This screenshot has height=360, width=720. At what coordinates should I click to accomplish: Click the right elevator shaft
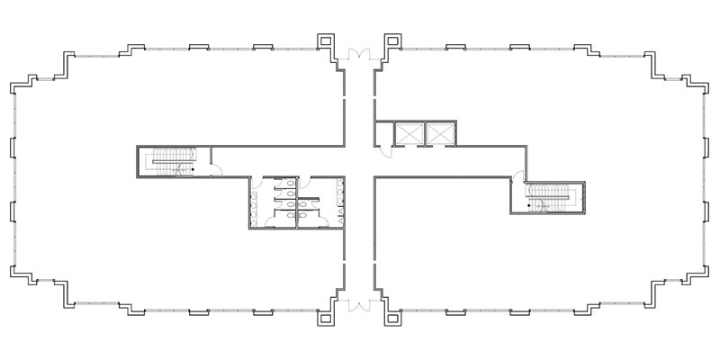(x=440, y=132)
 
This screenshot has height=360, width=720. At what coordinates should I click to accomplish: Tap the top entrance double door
(x=359, y=54)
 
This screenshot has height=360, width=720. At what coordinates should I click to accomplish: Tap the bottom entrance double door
(x=359, y=305)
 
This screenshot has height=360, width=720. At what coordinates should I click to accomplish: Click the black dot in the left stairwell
(x=192, y=166)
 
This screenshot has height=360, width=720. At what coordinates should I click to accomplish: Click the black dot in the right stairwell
(x=543, y=206)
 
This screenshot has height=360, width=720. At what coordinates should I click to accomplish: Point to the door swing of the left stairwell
(x=204, y=168)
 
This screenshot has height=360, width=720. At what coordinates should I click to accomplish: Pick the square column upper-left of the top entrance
(x=324, y=41)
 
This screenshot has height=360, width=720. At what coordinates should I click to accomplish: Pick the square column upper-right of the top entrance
(x=392, y=41)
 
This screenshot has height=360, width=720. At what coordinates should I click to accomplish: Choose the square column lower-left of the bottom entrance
(x=324, y=318)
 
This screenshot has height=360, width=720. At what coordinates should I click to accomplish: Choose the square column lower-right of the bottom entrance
(x=392, y=318)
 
